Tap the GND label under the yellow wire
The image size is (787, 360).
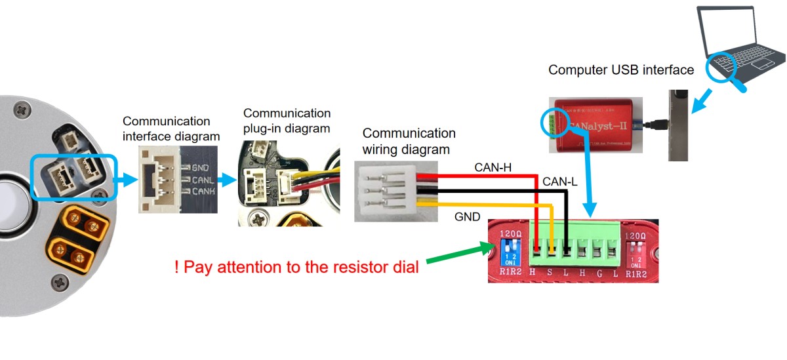coord(466,216)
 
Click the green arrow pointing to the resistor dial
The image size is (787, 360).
coord(460,256)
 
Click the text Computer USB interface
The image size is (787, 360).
coord(620,70)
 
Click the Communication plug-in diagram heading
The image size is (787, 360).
coord(287,121)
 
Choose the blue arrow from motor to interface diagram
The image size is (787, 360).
coord(127,178)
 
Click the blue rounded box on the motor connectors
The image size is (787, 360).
coord(73,177)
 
